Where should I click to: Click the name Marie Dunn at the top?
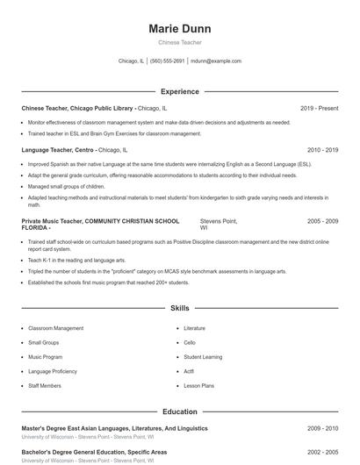pos(179,29)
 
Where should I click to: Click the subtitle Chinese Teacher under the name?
pos(179,42)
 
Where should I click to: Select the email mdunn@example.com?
pos(216,61)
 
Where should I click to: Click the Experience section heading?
pos(179,91)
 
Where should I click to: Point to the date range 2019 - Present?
pos(319,108)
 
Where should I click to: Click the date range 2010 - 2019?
pos(322,150)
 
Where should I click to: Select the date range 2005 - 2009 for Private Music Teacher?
pos(322,222)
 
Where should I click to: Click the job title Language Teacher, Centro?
pos(58,150)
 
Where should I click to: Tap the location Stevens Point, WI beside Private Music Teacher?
pos(218,225)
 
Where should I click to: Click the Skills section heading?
pos(179,309)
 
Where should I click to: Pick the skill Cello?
pos(190,342)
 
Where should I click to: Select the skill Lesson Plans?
pos(199,386)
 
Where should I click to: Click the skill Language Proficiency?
pos(51,371)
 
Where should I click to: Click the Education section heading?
pos(179,411)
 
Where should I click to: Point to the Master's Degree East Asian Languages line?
pos(114,428)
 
